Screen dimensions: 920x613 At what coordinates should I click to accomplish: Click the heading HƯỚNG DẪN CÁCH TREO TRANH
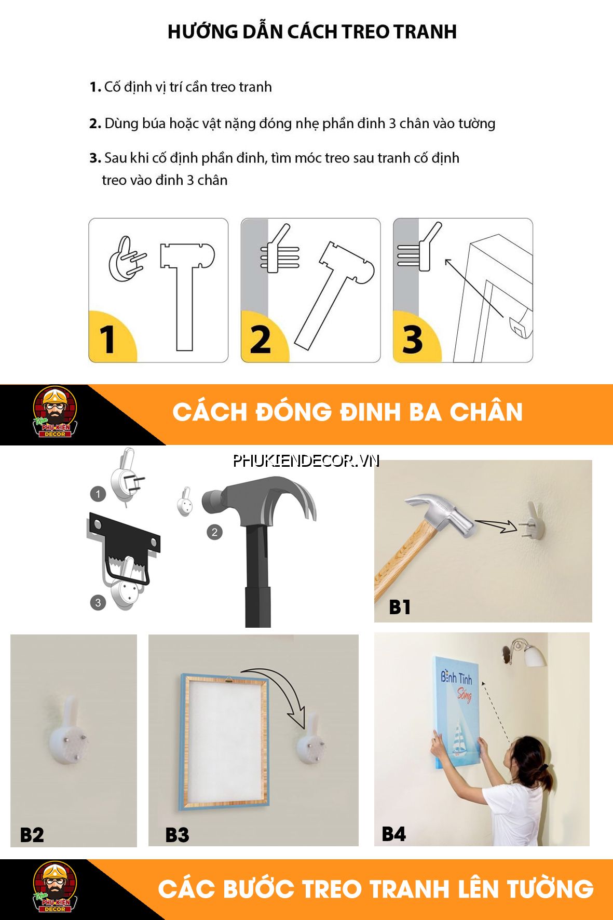point(312,32)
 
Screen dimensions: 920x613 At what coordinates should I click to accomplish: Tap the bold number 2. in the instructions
point(95,124)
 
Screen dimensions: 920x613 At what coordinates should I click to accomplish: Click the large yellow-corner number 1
point(107,340)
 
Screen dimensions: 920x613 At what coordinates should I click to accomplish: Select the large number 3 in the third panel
point(413,340)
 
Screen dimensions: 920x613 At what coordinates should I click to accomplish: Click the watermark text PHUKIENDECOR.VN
point(306,461)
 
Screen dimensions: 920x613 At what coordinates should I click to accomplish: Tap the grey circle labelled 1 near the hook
point(98,494)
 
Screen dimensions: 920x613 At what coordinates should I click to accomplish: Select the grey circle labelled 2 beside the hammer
point(214,532)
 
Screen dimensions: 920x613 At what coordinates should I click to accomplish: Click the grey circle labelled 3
point(98,603)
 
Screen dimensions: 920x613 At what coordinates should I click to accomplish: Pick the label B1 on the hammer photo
point(399,607)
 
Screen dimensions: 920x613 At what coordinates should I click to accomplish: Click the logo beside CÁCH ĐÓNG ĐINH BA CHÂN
point(55,413)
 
